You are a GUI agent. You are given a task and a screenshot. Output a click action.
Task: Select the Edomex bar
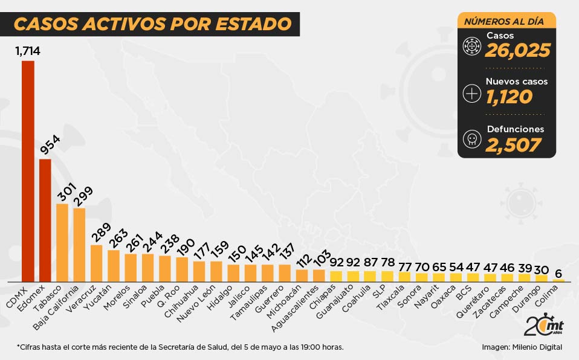45,220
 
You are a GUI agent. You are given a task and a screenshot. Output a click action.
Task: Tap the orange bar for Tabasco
62,242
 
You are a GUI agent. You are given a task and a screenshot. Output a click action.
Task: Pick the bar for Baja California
79,245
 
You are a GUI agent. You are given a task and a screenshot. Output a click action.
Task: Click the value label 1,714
28,51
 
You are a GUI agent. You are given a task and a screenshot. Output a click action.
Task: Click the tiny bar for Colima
558,280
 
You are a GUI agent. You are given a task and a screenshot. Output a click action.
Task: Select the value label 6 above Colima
559,272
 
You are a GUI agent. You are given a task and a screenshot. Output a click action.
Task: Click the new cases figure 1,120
509,96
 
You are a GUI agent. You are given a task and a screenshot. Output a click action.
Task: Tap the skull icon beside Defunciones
471,139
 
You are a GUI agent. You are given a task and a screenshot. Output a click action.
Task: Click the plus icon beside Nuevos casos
471,93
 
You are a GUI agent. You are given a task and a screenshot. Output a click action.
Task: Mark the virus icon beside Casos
471,46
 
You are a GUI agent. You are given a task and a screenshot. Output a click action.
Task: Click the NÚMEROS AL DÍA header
503,22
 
